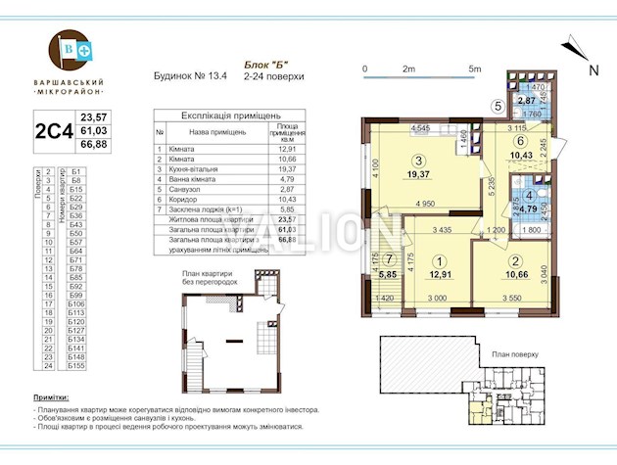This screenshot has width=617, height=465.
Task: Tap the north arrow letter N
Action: coord(593,70)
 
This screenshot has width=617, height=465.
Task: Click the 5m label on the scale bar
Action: coord(474,70)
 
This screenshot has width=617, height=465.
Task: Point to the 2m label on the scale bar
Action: coord(408,70)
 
